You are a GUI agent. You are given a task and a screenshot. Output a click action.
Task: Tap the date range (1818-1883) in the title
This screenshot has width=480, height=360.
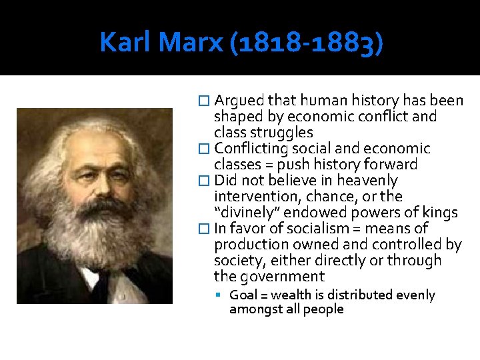pos(305,43)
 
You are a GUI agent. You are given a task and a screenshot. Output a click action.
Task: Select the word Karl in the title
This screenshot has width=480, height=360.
pos(126,43)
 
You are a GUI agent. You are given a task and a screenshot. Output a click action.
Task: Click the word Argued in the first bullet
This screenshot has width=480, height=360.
pos(239,101)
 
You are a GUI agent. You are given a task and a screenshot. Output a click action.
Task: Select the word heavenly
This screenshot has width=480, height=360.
pos(367,181)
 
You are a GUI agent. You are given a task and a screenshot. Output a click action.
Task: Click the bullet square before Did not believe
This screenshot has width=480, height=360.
pos(205,181)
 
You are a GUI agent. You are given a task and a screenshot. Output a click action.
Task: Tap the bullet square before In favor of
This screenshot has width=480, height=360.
pos(205,229)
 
